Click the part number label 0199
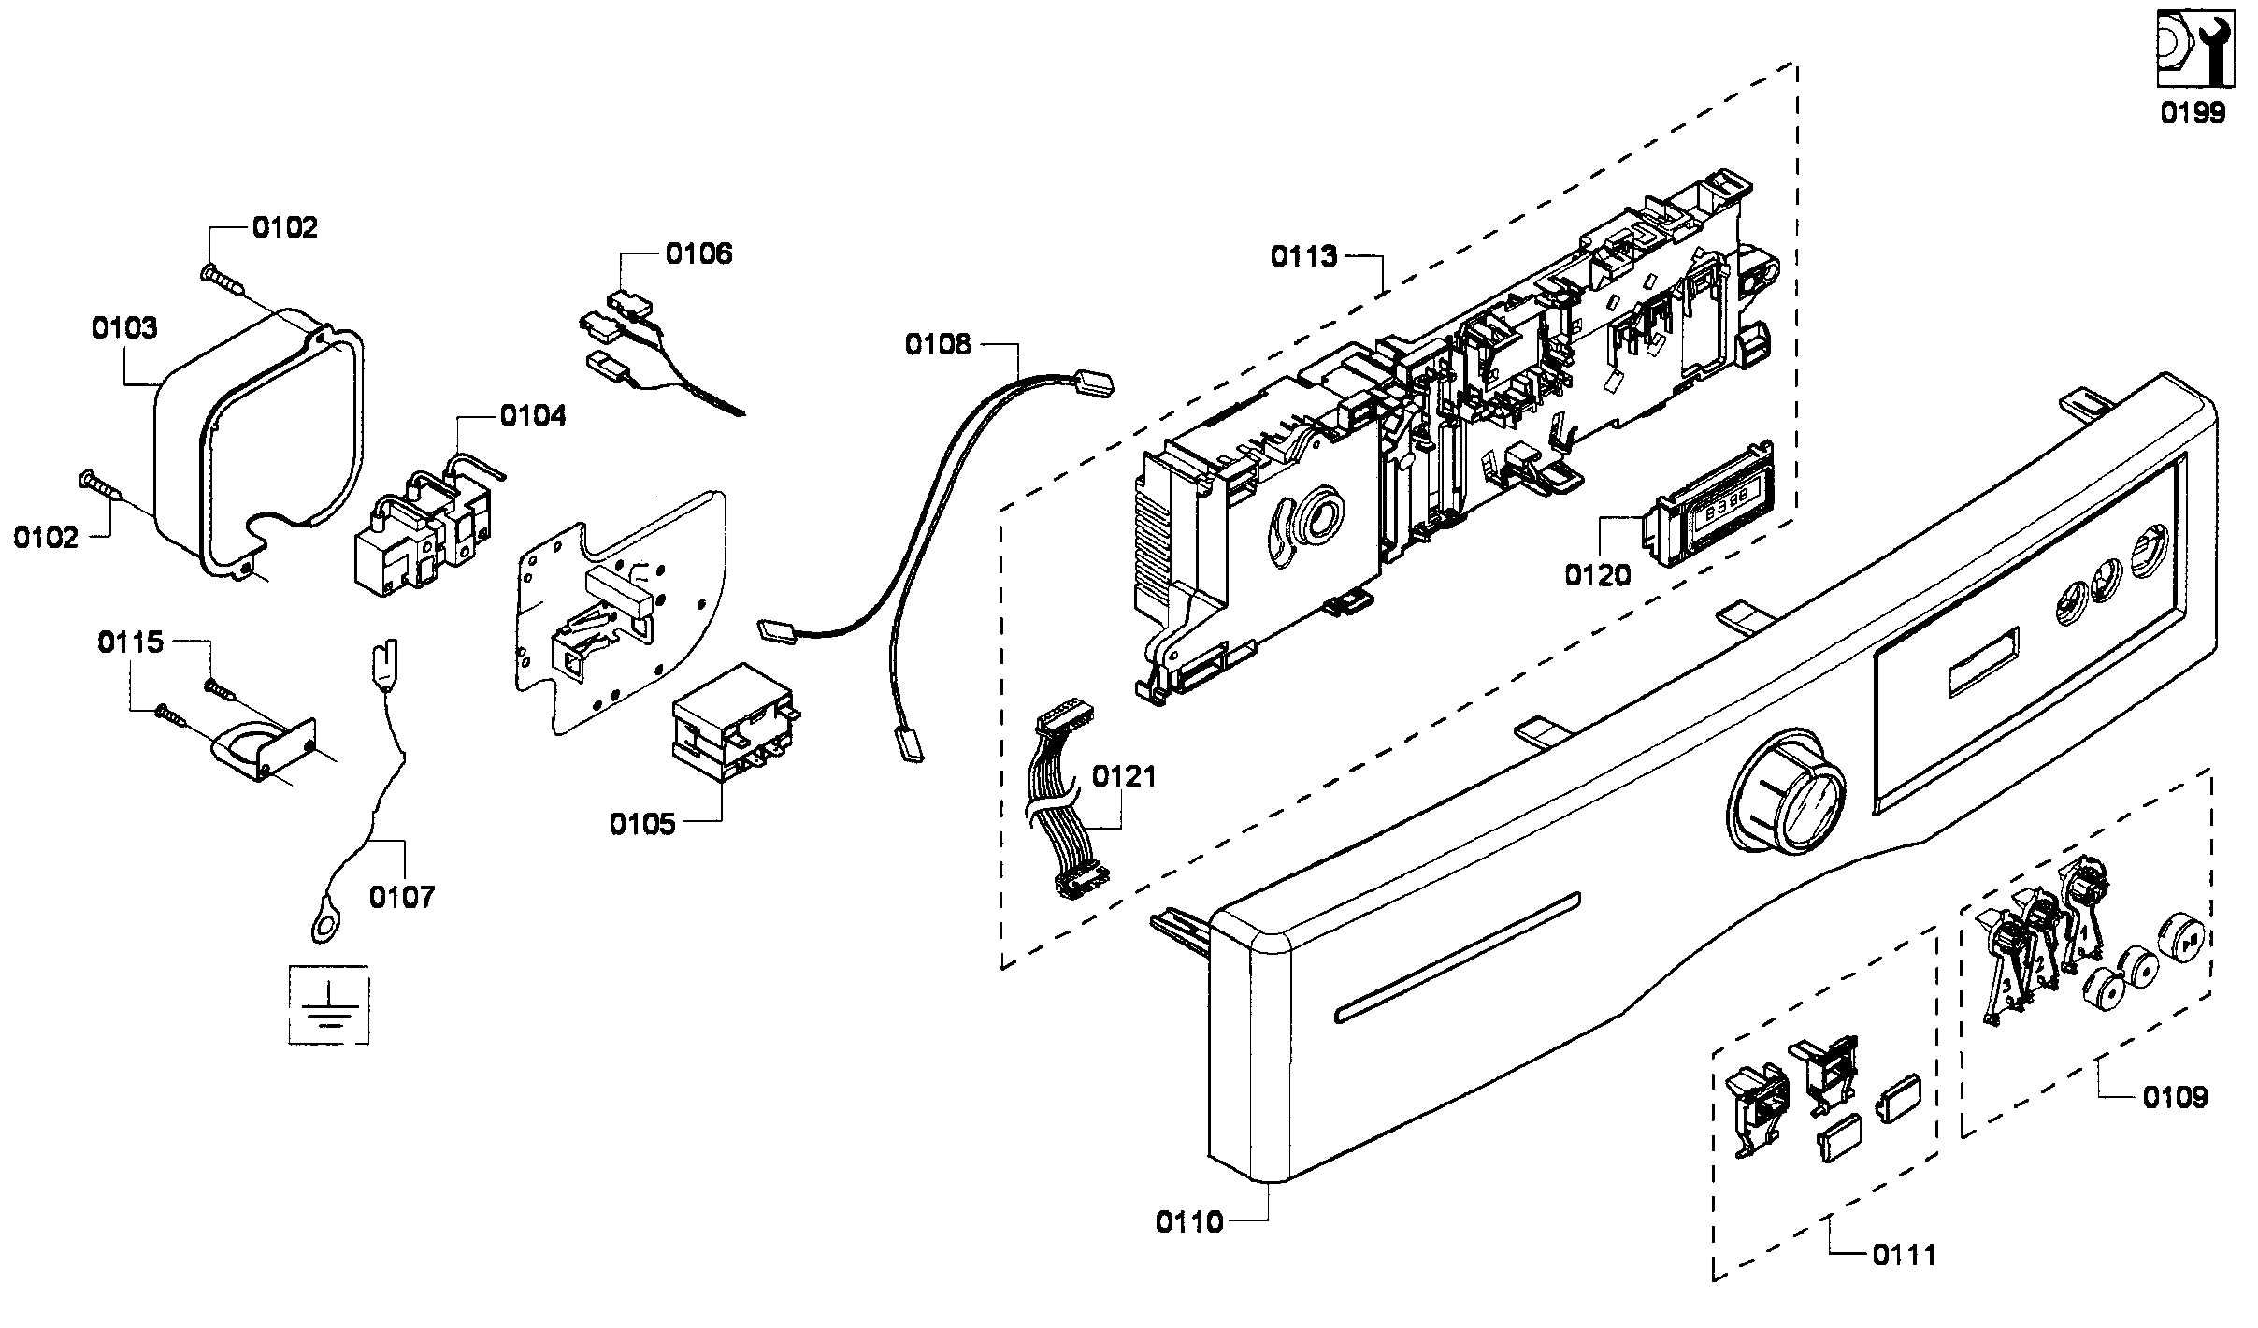2192,113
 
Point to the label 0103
124,328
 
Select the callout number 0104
532,415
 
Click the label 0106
698,253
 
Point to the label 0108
938,344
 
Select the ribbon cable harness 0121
1066,809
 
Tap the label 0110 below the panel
1188,1222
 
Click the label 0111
1904,1255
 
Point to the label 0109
2175,1096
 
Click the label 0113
1303,256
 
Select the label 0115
131,642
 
